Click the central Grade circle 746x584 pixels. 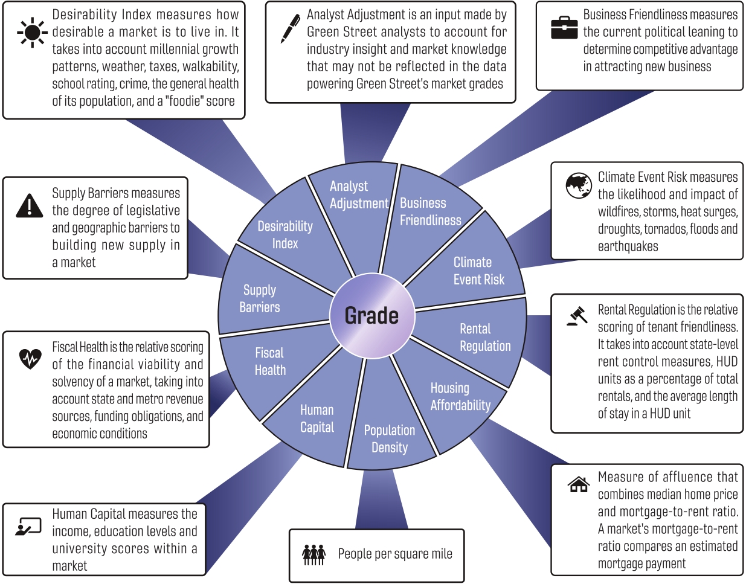[371, 316]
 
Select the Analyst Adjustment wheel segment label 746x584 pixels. [358, 195]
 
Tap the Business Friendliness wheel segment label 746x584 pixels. [430, 211]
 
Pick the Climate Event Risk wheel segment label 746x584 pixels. [478, 271]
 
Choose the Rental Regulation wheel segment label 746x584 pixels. [484, 337]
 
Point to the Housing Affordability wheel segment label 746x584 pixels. [460, 396]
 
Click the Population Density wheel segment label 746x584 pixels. [389, 438]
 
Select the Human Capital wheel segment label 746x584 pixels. [317, 419]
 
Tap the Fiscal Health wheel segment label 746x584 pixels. [269, 361]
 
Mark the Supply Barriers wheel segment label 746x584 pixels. [260, 298]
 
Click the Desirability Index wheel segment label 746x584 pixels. [285, 234]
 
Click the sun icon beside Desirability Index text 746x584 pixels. [31, 32]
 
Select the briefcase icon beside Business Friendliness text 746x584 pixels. [564, 28]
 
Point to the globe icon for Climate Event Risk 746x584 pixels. [579, 185]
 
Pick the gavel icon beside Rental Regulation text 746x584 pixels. [578, 316]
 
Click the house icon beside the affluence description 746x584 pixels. [579, 484]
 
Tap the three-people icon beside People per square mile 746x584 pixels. [314, 554]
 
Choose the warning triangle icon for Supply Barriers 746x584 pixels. [29, 205]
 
